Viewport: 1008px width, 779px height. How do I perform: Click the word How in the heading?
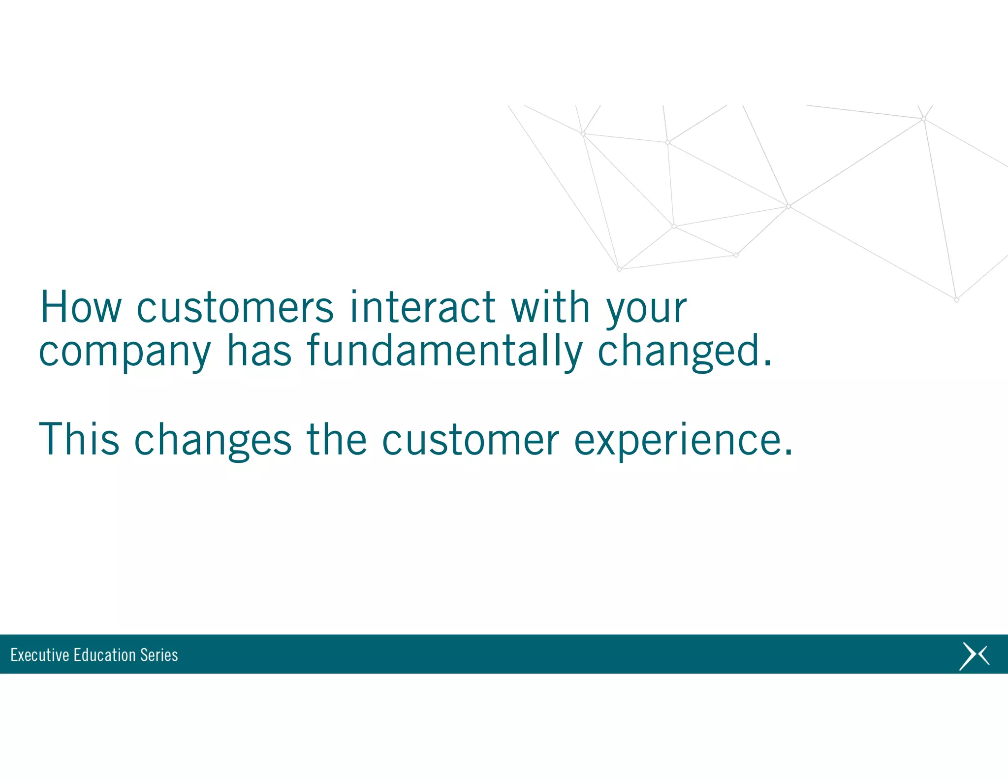click(x=80, y=307)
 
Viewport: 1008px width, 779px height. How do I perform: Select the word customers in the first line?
click(x=235, y=308)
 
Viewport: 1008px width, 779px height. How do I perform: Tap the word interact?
click(x=422, y=307)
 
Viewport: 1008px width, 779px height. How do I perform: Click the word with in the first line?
click(x=550, y=307)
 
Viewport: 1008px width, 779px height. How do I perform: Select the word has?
click(x=259, y=351)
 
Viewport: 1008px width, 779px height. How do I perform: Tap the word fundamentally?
click(x=444, y=352)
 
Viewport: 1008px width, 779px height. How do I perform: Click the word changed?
click(x=679, y=352)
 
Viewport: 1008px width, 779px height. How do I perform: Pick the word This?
click(x=79, y=439)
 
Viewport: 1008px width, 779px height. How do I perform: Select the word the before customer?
click(x=337, y=439)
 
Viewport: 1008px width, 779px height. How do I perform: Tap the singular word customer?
click(x=471, y=440)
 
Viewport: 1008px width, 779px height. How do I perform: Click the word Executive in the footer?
click(x=40, y=655)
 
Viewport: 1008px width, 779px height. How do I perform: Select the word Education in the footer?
click(x=104, y=655)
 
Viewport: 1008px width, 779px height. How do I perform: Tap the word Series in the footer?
click(x=159, y=655)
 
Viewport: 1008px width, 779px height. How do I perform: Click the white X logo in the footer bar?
click(x=974, y=656)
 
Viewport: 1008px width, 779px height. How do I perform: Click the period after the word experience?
click(x=788, y=454)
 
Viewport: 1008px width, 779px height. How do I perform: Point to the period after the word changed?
click(x=768, y=364)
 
